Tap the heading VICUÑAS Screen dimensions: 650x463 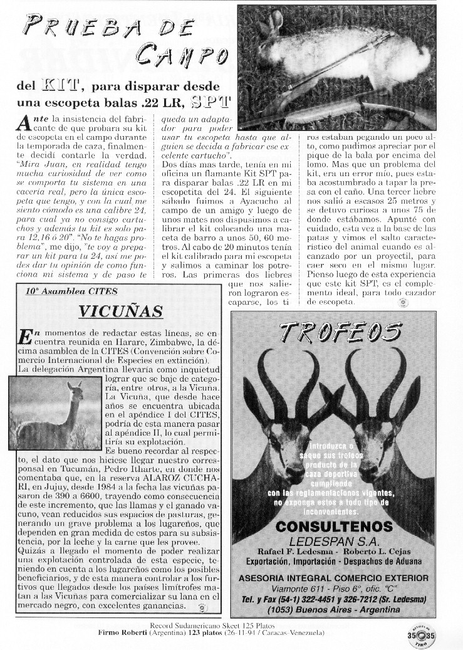pyautogui.click(x=122, y=312)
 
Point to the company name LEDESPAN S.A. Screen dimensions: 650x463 pyautogui.click(x=333, y=540)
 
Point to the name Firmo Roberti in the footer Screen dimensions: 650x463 pyautogui.click(x=122, y=633)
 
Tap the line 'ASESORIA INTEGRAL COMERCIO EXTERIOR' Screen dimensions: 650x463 pyautogui.click(x=334, y=578)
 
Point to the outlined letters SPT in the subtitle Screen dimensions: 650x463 pyautogui.click(x=211, y=102)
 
